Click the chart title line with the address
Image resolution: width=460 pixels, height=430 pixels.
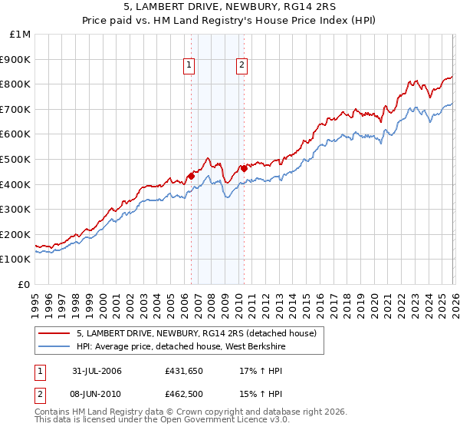click(229, 8)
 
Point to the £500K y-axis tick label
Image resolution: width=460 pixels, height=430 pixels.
click(16, 159)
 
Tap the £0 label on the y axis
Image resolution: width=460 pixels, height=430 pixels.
click(25, 284)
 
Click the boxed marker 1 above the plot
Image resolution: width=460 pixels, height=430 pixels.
click(189, 66)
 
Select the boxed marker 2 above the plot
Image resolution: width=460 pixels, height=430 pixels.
click(242, 66)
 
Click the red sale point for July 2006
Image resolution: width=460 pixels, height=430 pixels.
click(191, 176)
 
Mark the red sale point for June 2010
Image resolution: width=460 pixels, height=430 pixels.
click(243, 168)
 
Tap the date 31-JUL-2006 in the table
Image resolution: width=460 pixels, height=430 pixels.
click(97, 371)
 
